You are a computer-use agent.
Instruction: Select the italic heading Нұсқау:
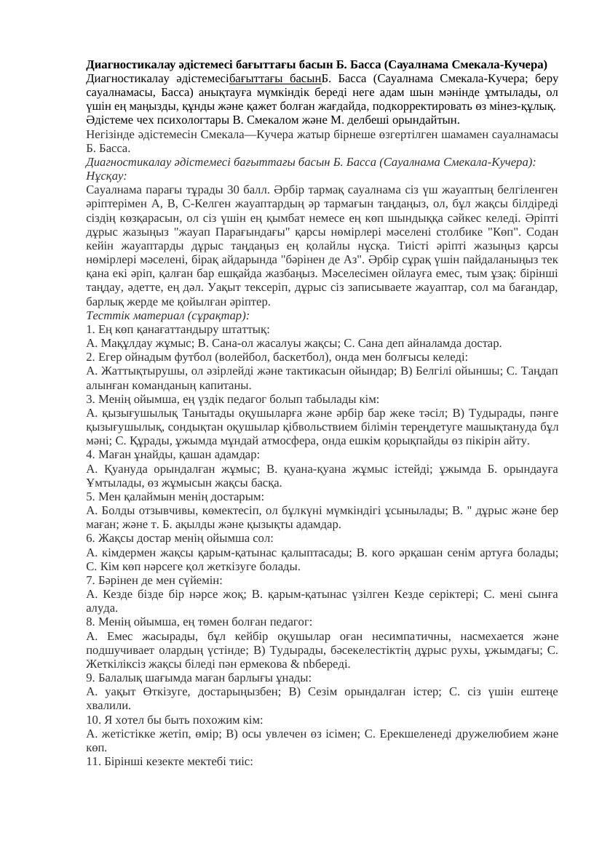click(x=106, y=176)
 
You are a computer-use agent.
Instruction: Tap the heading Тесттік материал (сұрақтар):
click(x=167, y=316)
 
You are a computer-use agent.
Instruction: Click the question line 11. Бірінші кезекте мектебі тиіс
click(x=169, y=762)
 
